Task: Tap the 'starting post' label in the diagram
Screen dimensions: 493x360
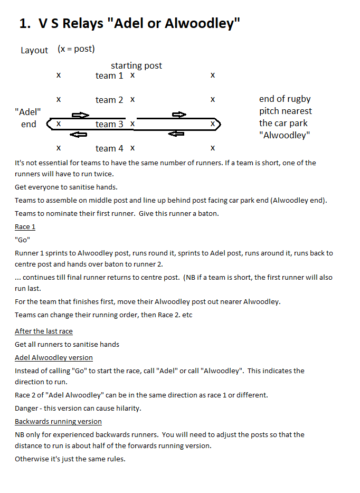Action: [136, 65]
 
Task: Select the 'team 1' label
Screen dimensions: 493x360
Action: [109, 75]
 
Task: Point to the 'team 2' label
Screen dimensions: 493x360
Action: [109, 100]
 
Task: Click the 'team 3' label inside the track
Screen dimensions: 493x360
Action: [109, 124]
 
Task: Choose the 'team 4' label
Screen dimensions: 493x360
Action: [109, 148]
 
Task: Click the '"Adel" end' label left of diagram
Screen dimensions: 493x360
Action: [29, 118]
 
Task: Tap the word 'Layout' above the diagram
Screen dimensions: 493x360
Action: [34, 50]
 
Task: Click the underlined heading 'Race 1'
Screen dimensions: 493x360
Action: [25, 226]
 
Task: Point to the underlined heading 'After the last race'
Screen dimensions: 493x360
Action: [44, 331]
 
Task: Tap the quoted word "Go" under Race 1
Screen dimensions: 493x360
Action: [23, 240]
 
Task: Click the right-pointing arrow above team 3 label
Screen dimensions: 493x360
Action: [80, 115]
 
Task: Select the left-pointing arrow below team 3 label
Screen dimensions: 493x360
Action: [78, 135]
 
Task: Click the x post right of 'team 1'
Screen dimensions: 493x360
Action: [132, 75]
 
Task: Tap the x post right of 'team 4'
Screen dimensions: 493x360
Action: [132, 148]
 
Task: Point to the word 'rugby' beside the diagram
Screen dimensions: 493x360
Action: [299, 99]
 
